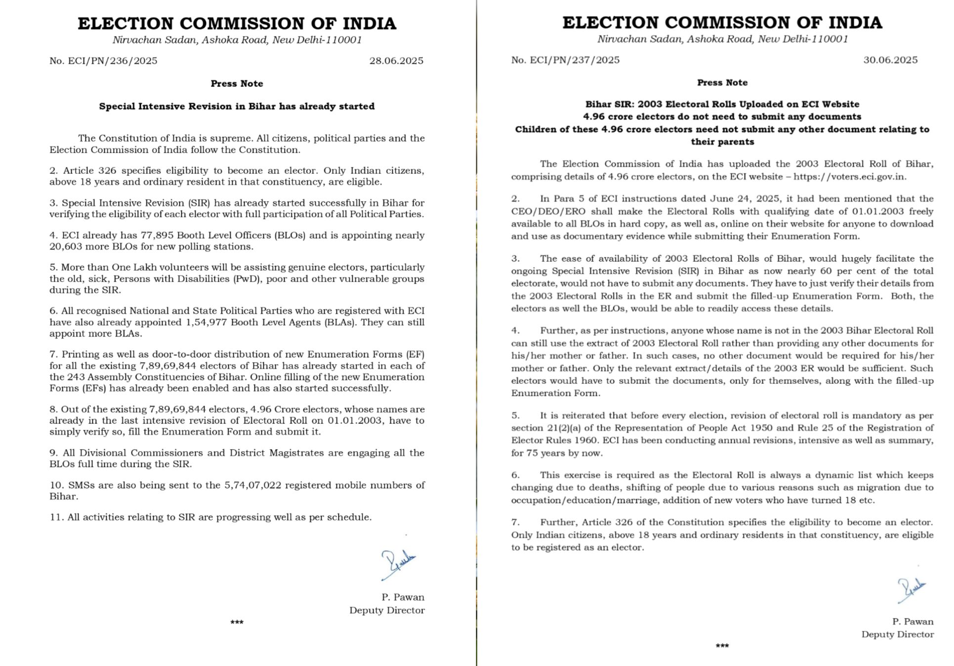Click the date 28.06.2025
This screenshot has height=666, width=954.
pos(396,61)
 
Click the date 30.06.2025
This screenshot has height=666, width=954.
pos(890,60)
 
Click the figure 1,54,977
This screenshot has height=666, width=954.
pos(207,322)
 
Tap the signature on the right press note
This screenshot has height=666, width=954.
pos(911,590)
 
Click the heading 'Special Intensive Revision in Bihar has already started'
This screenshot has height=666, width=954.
pos(237,106)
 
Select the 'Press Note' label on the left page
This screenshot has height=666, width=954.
pos(237,83)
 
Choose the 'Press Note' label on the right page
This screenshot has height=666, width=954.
pos(722,83)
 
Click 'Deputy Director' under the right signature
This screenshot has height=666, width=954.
pos(897,634)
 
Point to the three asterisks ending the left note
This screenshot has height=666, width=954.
pos(237,623)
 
